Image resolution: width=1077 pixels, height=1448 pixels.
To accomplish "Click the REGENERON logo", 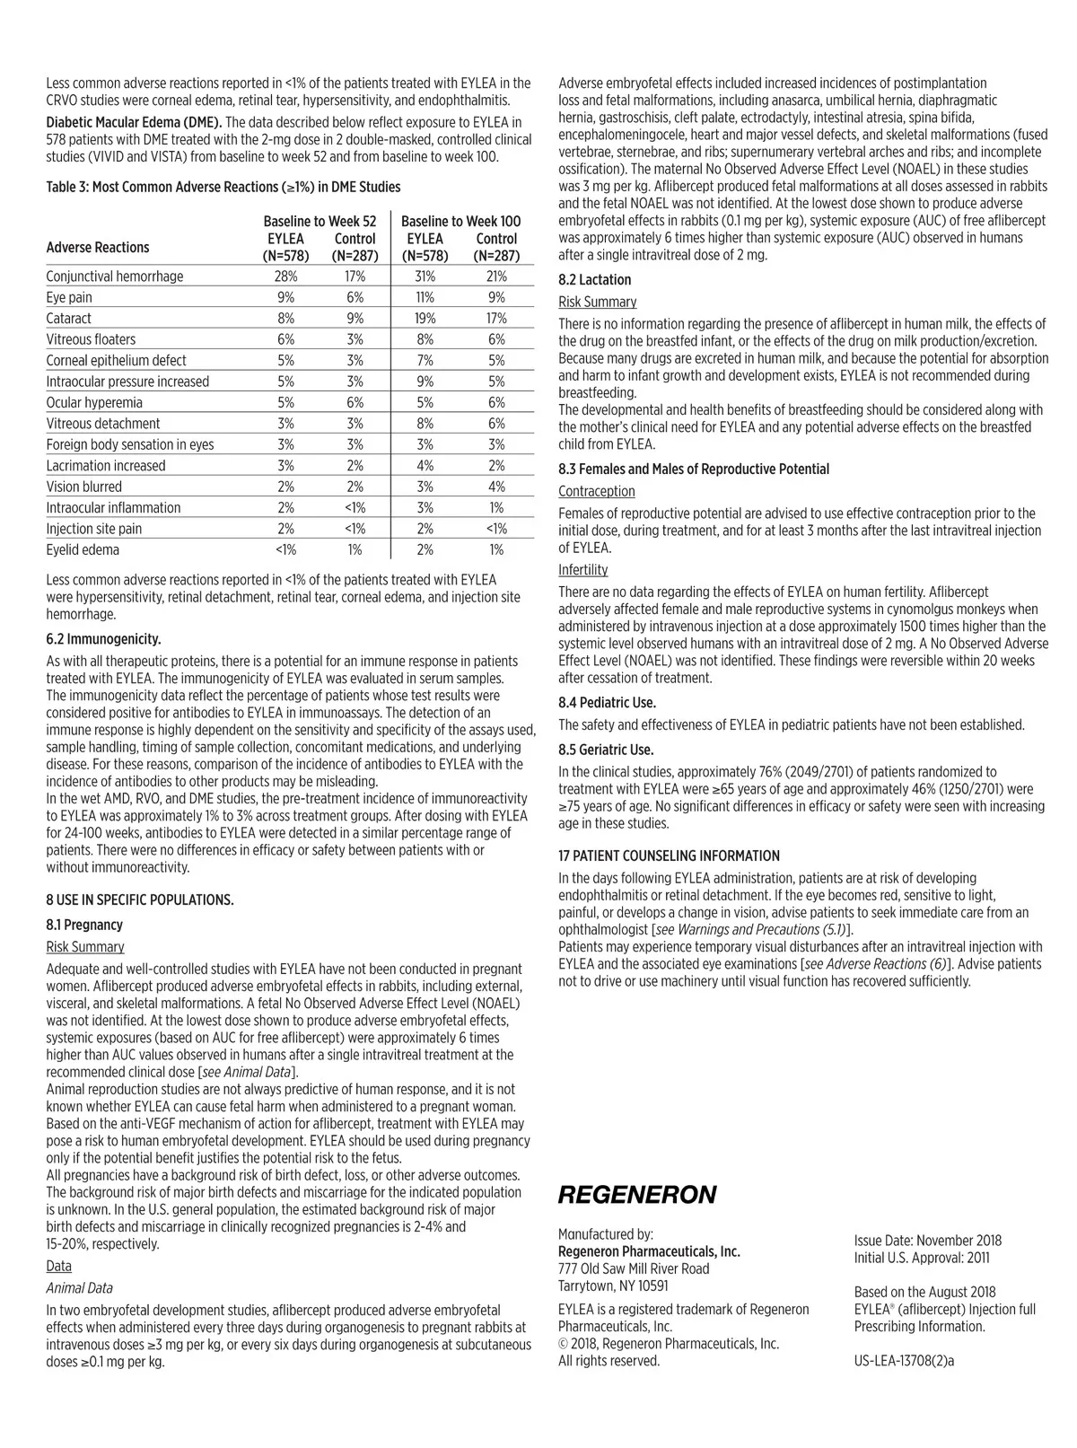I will pos(637,1195).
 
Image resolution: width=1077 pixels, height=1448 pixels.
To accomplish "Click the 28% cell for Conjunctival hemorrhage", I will pos(285,276).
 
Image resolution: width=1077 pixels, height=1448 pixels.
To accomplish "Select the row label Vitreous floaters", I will pos(92,339).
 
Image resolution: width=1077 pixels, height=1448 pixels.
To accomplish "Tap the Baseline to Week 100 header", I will pos(460,221).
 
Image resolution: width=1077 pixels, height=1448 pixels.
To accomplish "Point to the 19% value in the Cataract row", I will pos(425,319).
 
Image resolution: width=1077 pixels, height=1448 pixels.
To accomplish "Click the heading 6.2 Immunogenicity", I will pos(103,639).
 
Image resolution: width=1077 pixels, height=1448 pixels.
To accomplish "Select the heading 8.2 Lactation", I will pos(594,280).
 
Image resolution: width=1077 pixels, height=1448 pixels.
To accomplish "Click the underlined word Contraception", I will pos(596,491).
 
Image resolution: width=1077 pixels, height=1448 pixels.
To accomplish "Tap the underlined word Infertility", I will pos(582,570).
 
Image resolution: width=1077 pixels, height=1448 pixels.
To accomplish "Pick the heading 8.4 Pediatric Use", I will pos(607,703).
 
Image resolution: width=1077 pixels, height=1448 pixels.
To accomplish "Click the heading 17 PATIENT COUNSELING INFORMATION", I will pos(669,856).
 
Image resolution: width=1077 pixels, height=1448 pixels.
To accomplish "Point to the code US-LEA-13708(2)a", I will pos(904,1360).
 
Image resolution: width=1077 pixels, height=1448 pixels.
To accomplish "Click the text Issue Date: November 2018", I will pos(927,1241).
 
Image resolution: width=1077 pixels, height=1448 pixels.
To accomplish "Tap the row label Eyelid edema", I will pos(83,550).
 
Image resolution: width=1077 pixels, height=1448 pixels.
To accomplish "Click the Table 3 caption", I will pos(223,187).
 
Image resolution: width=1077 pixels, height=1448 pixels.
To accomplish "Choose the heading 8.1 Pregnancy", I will pos(84,925).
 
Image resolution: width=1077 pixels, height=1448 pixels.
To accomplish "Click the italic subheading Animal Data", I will pos(79,1288).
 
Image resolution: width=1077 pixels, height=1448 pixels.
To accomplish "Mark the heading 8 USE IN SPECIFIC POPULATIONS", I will pos(140,900).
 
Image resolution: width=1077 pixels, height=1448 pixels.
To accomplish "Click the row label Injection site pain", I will pos(94,529).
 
